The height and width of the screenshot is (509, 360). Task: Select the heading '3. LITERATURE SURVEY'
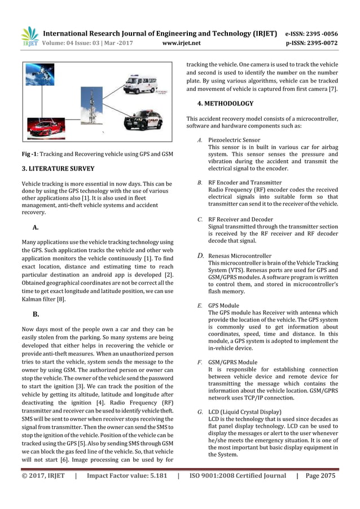tap(58, 169)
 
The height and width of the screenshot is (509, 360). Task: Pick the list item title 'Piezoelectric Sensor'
tap(234, 139)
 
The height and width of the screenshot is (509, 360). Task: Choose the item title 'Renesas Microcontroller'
tap(240, 256)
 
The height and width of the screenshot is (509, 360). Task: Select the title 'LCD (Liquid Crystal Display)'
tap(244, 411)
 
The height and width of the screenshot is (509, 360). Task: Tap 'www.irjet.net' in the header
tap(181, 42)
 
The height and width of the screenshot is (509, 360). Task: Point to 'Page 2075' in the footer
tap(321, 476)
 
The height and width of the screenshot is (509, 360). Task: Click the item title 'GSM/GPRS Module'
tap(232, 362)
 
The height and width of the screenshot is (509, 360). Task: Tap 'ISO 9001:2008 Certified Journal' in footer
tap(238, 476)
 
